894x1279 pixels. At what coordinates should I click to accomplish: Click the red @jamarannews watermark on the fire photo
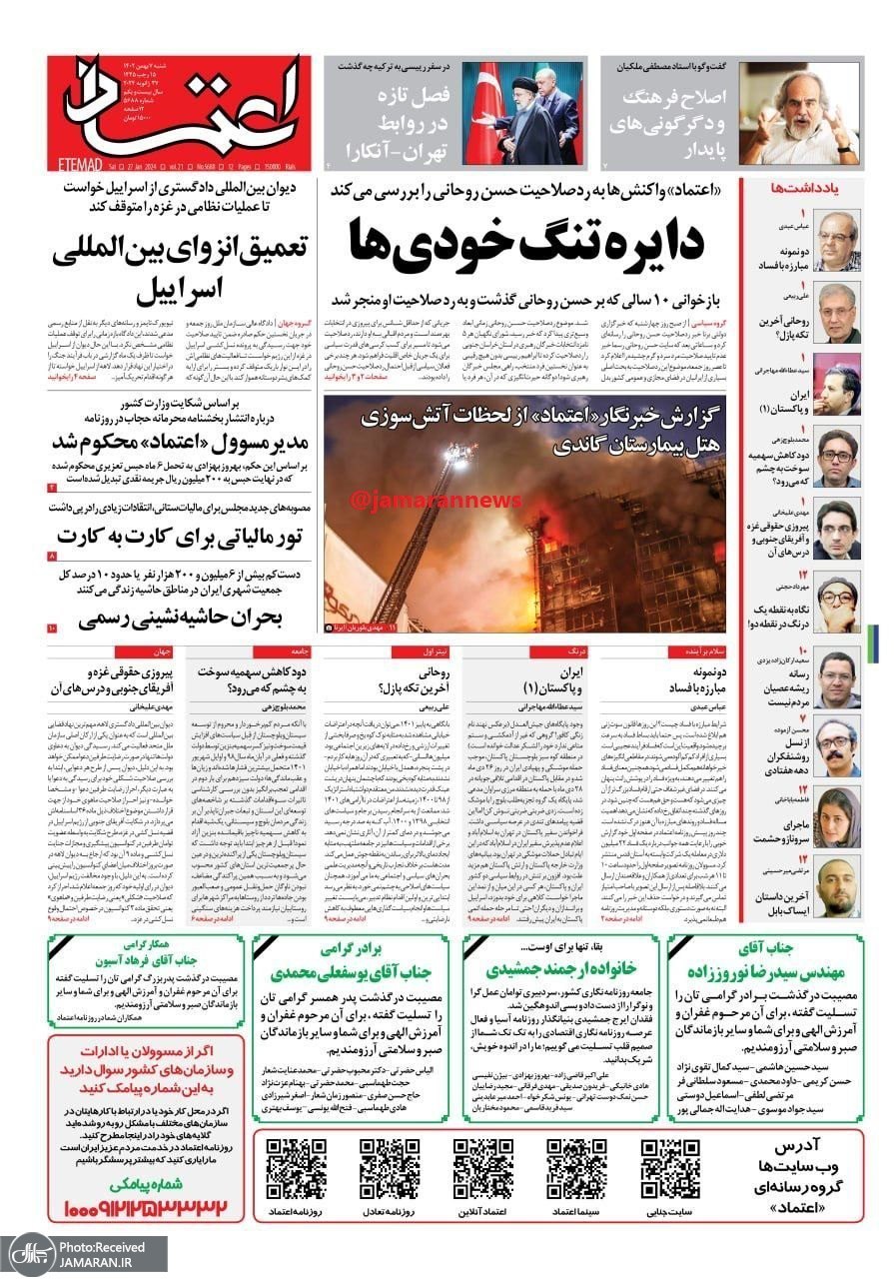[419, 497]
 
